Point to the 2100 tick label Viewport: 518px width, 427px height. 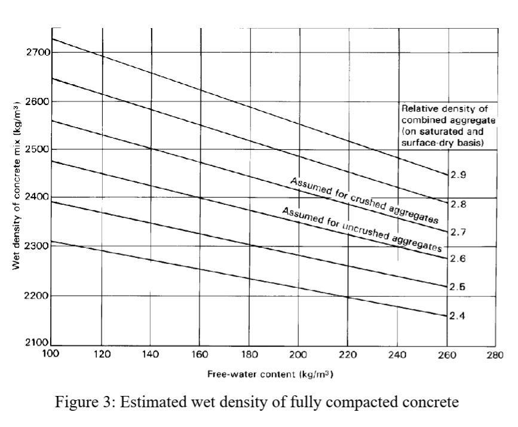pos(34,344)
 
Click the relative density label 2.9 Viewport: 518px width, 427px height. pos(458,175)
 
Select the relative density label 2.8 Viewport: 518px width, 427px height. pos(458,204)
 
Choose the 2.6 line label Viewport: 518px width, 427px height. pos(458,259)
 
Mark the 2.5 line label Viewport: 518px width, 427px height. pos(458,287)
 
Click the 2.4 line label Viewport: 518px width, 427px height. pos(458,315)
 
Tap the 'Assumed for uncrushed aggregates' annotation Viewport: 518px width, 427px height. pos(361,228)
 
